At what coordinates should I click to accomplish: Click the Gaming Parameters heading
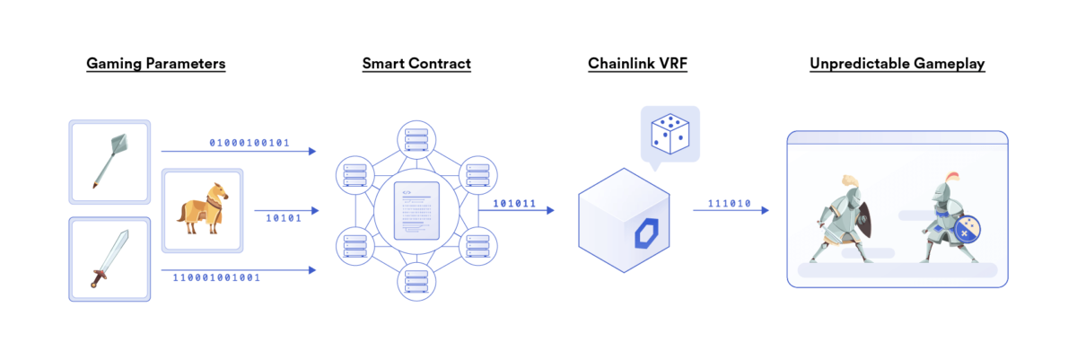[x=155, y=64]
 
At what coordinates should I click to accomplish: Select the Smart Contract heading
[x=416, y=64]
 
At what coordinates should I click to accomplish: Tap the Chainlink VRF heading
[x=637, y=64]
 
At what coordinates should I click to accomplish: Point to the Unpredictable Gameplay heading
[x=897, y=64]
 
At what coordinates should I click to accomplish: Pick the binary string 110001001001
[x=216, y=277]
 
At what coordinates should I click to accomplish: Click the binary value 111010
[x=728, y=204]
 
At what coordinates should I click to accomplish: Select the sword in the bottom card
[x=108, y=259]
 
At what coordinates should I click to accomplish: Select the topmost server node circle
[x=416, y=140]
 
